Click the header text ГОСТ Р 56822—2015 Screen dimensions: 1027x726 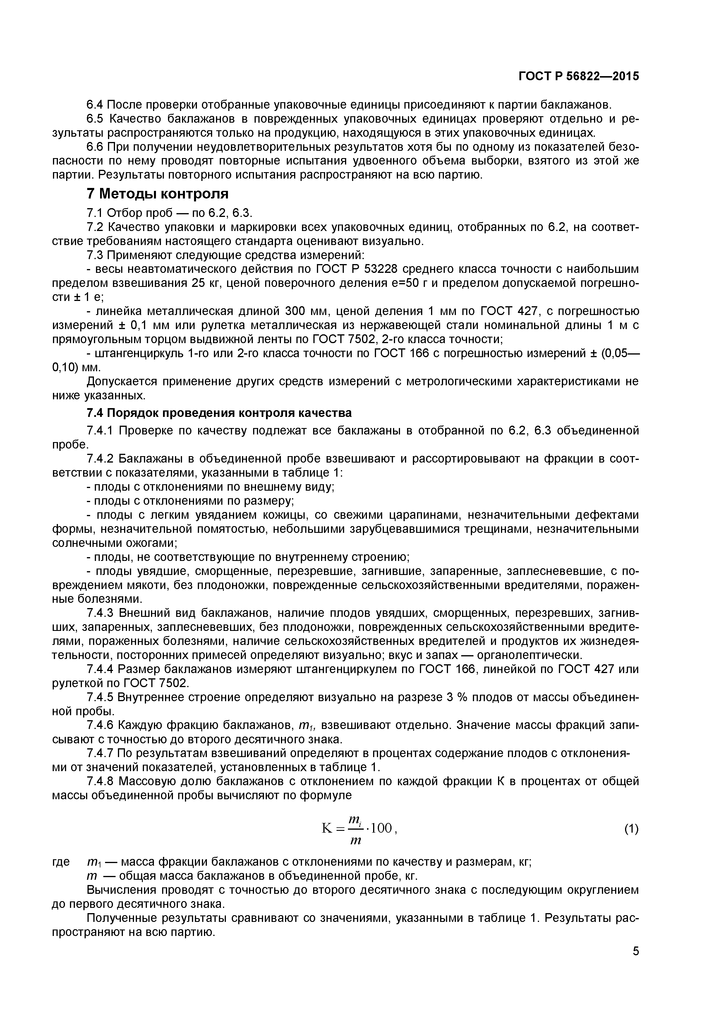(579, 76)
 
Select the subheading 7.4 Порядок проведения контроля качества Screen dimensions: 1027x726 (219, 412)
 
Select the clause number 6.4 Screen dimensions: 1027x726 (95, 105)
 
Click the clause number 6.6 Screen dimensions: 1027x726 (95, 147)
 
